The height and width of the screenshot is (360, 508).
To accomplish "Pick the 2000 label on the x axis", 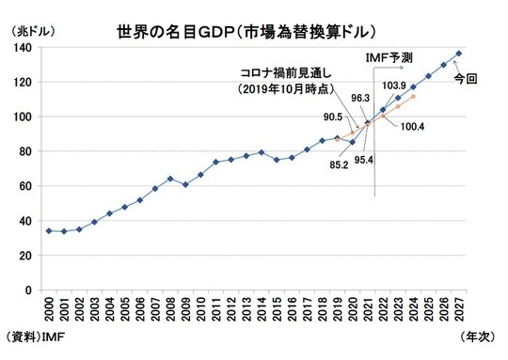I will point(48,309).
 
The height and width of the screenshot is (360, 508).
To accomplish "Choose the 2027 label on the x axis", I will point(458,309).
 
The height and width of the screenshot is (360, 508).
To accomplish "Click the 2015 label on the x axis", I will point(276,309).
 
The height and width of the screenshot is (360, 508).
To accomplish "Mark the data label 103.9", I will point(395,86).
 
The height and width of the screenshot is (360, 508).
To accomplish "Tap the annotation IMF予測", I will point(388,56).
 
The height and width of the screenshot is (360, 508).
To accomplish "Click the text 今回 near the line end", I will point(465,80).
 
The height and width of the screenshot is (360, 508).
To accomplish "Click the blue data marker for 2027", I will point(458,54).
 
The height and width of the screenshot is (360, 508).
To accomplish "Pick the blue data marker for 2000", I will point(48,230).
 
